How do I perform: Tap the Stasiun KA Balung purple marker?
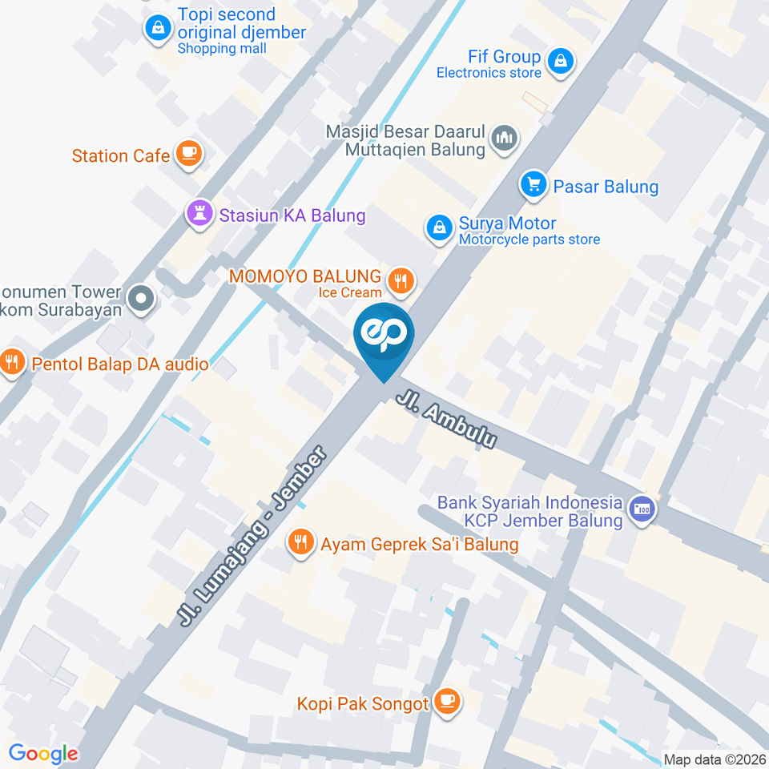click(198, 213)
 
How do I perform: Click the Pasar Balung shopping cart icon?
click(533, 186)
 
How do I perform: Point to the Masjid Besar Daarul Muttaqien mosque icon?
click(505, 138)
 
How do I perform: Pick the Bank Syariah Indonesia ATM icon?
click(642, 509)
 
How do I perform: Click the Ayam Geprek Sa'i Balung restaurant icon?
click(300, 543)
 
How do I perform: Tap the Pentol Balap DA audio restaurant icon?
click(11, 362)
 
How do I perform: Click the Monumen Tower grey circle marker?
click(141, 300)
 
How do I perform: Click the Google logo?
click(43, 754)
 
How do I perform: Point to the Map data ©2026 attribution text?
click(715, 759)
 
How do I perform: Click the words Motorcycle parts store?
click(529, 240)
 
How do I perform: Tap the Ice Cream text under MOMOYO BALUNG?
click(350, 292)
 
